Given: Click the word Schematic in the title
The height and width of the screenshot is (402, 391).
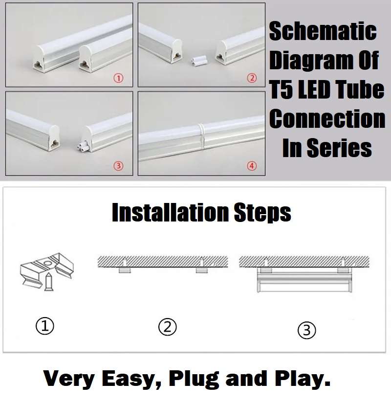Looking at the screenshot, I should click(323, 32).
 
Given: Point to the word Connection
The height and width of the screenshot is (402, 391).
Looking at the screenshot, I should click(327, 119).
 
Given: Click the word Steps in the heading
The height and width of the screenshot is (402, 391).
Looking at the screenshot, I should click(261, 213).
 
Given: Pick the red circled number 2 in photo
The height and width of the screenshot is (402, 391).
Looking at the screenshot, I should click(252, 78).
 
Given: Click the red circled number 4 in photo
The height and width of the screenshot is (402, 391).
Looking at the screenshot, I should click(252, 166).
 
